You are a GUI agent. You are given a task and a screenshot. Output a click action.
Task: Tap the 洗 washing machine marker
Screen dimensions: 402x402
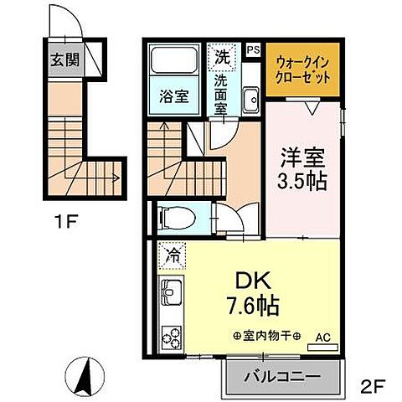[x=221, y=58]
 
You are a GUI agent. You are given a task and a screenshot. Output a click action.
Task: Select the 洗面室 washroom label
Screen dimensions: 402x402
[x=221, y=91]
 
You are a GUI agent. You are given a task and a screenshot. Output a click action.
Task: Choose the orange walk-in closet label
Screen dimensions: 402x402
[x=304, y=66]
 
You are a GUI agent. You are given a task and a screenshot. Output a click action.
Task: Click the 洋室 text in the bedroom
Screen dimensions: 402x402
[x=303, y=157]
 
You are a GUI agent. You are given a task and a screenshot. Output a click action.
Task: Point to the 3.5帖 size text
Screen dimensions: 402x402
[x=303, y=180]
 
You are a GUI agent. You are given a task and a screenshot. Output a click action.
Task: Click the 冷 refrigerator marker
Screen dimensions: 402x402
[x=173, y=253]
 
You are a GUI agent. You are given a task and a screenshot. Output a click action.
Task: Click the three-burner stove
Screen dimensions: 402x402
[x=172, y=338]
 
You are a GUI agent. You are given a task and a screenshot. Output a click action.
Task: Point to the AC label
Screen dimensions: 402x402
[x=323, y=338]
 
